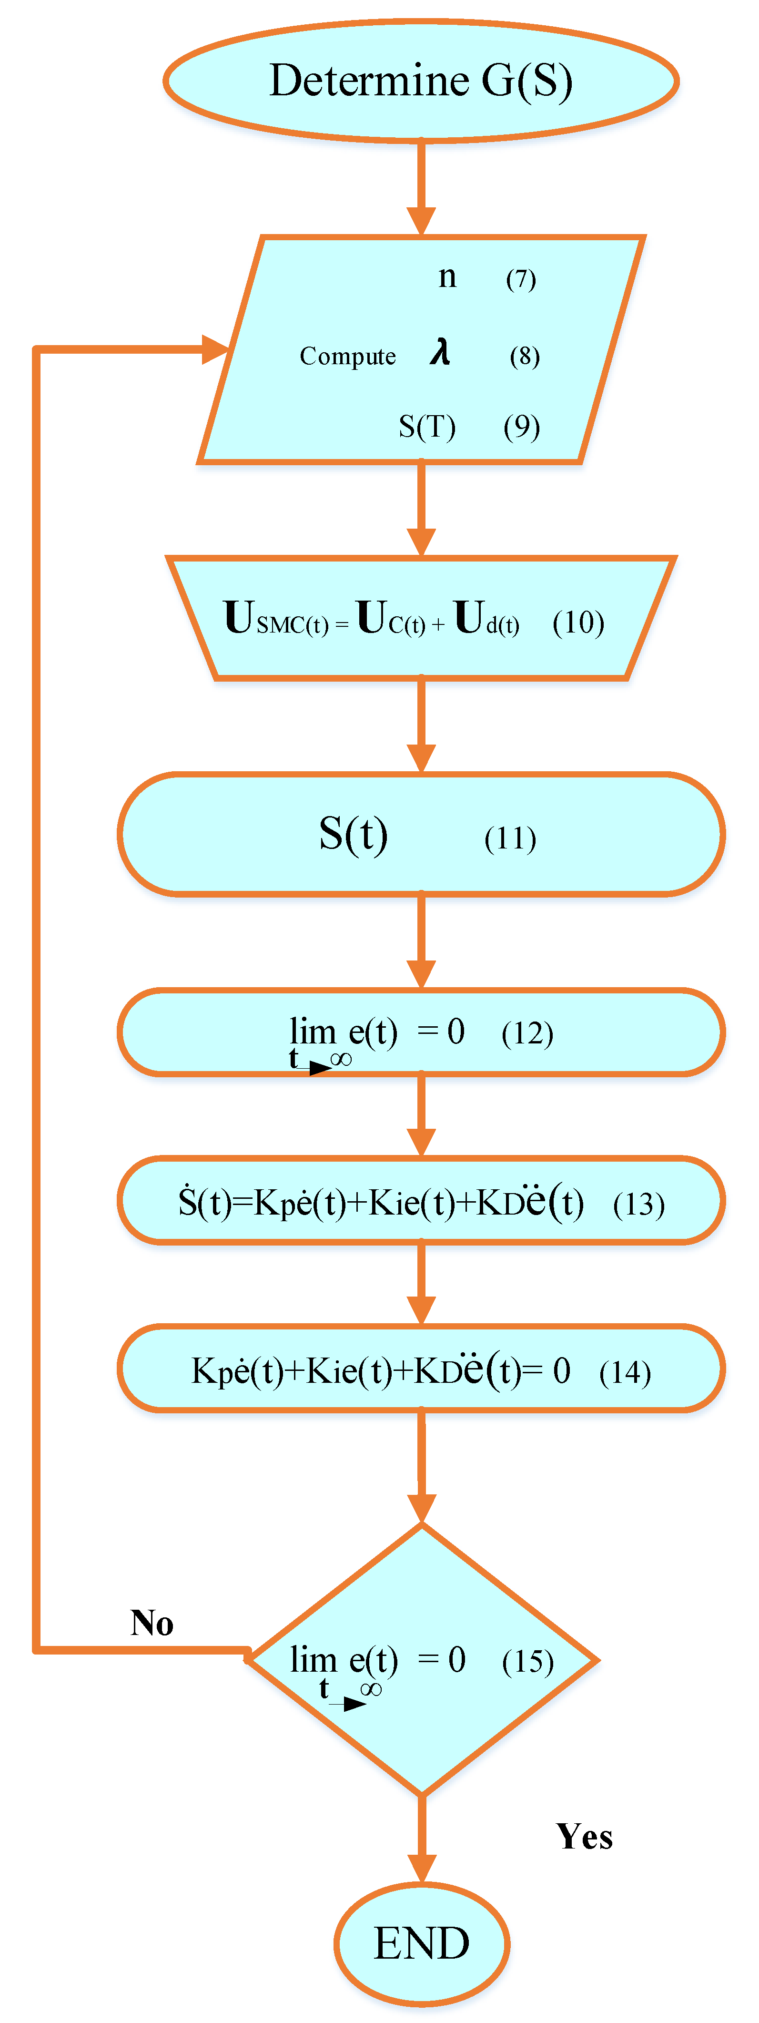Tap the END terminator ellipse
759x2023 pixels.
tap(422, 1943)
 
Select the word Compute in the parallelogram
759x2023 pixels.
tap(348, 357)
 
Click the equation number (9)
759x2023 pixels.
tap(522, 427)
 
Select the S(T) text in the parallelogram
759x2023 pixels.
tap(427, 427)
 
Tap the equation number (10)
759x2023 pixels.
tap(578, 622)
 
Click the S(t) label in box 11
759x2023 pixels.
tap(353, 834)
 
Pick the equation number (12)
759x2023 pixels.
tap(527, 1033)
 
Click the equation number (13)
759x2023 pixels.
tap(639, 1204)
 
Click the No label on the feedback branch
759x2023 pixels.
tap(152, 1623)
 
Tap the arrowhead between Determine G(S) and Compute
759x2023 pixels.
tap(422, 221)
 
